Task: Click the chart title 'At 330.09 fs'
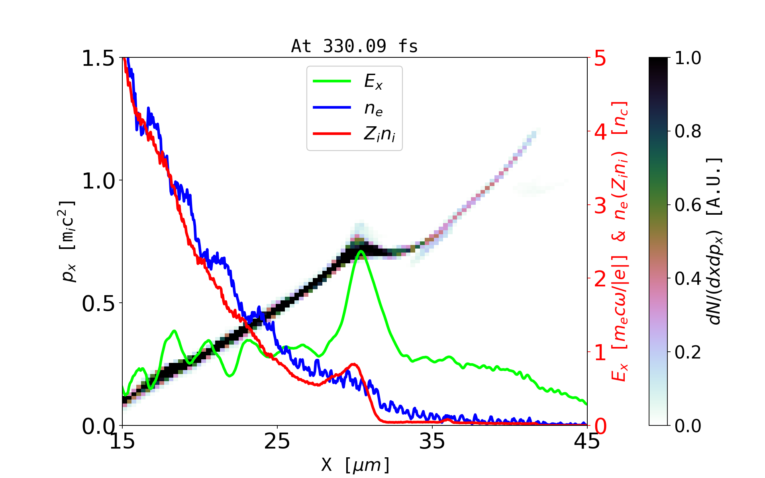[354, 47]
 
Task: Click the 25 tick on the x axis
[277, 441]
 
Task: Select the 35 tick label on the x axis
[432, 441]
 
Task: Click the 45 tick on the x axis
[587, 441]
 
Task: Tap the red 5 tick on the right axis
[600, 59]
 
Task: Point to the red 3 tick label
[600, 206]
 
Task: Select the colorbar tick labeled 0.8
[688, 131]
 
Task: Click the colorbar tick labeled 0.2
[688, 352]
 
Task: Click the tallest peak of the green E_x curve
[361, 251]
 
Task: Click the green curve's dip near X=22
[229, 376]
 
